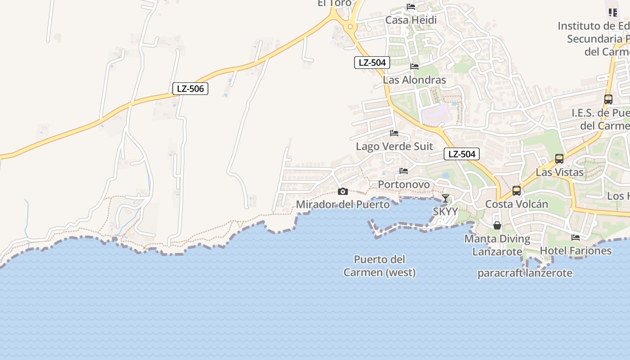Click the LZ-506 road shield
[x=190, y=89]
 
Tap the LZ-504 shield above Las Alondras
[x=372, y=63]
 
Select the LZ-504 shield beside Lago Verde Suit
[x=462, y=154]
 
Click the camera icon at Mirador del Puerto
[x=343, y=192]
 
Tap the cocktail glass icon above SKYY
[x=445, y=198]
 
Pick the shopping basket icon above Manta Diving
[x=497, y=225]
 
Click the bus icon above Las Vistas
[x=559, y=158]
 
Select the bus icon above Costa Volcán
[x=517, y=191]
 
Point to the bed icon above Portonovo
[x=404, y=171]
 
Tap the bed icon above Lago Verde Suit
[x=394, y=133]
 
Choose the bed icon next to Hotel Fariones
[x=576, y=238]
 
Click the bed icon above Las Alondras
[x=414, y=67]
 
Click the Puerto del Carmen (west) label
[x=379, y=266]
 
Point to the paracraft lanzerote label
[x=525, y=273]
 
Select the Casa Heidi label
[x=411, y=20]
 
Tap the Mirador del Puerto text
[x=343, y=205]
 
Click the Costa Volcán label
[x=517, y=204]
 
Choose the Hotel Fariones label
[x=576, y=251]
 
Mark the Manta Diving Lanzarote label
[x=497, y=245]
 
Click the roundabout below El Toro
[x=351, y=27]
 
